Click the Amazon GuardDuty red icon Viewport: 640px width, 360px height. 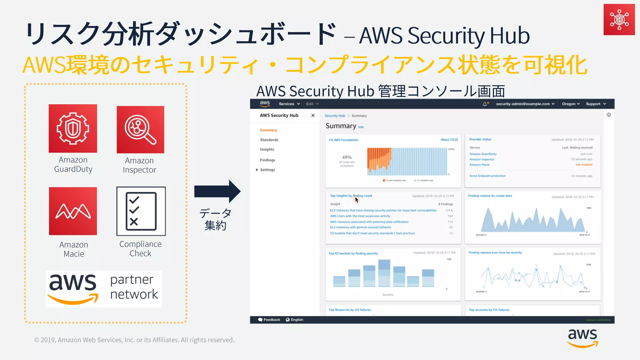pos(73,128)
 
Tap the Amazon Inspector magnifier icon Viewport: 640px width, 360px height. pos(140,130)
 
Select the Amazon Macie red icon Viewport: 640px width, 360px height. pos(73,211)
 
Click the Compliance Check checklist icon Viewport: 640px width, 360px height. pos(141,211)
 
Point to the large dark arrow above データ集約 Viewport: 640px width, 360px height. pos(217,191)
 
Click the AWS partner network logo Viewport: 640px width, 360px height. pos(104,289)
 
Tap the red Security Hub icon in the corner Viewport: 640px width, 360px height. pos(619,19)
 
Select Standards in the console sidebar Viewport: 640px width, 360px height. pos(269,140)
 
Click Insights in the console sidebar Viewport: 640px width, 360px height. pos(267,149)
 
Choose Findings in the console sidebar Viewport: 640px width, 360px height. pos(267,160)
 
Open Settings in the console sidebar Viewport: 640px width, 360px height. pos(267,170)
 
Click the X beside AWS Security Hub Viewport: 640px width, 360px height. pos(313,115)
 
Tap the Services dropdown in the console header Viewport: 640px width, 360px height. pos(289,104)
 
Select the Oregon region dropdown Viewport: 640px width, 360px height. pos(571,104)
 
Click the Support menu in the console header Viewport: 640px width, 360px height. pos(596,104)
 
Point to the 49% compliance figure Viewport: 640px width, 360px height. pos(347,157)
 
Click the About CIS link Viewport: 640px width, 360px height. pos(449,140)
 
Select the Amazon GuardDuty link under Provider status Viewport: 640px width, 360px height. pos(483,154)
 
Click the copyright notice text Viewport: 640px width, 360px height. pos(134,340)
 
